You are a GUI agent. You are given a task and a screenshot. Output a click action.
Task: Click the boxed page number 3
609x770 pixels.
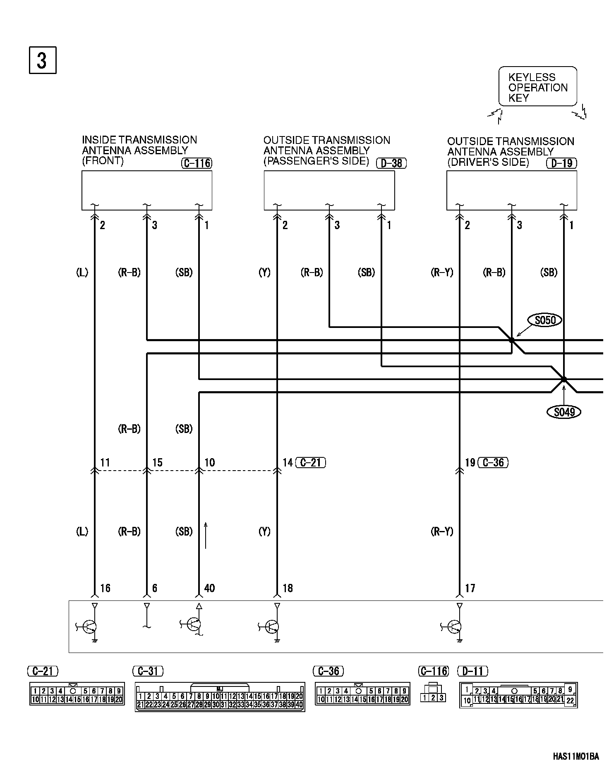click(x=42, y=60)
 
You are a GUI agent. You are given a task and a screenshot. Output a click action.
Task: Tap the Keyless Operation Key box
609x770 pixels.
click(x=537, y=86)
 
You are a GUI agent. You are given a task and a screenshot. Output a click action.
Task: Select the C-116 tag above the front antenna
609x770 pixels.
click(x=197, y=163)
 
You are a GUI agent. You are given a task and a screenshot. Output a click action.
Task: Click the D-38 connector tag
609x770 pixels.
click(x=391, y=163)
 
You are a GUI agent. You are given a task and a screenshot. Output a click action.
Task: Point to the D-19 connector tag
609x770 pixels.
click(x=561, y=163)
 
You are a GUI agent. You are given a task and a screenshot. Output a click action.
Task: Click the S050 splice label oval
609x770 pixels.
click(x=545, y=320)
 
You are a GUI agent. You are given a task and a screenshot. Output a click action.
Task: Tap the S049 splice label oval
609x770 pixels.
click(x=564, y=412)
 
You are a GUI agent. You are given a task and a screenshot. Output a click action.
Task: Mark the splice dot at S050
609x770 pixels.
click(x=512, y=340)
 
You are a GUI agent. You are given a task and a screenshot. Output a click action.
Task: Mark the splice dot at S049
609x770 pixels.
click(x=563, y=379)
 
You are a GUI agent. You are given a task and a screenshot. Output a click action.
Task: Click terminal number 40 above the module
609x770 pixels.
click(x=209, y=588)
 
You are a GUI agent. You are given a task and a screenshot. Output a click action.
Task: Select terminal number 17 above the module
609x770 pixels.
click(x=470, y=588)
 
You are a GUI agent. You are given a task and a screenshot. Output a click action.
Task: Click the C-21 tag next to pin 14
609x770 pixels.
click(x=311, y=462)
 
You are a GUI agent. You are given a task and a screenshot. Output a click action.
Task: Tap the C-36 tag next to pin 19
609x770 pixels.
click(x=493, y=462)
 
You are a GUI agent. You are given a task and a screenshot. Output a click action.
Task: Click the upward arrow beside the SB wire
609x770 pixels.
click(x=206, y=535)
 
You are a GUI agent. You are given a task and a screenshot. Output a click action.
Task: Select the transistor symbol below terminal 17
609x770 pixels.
click(x=454, y=627)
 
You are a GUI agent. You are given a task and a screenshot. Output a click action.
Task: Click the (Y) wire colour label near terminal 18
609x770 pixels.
click(x=264, y=532)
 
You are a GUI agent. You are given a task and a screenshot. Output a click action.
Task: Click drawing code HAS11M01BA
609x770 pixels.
click(x=575, y=757)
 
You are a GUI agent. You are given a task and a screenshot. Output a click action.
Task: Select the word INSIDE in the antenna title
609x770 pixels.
click(x=98, y=140)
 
